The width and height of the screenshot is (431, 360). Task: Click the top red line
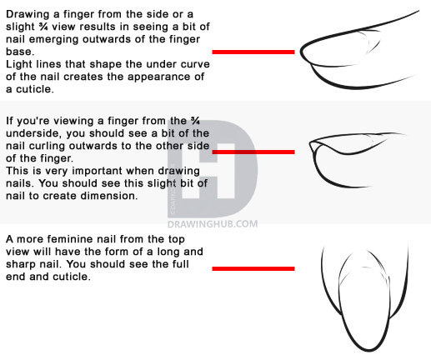(x=253, y=52)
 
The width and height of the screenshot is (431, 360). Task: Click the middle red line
(x=253, y=152)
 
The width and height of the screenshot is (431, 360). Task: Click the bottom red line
(x=253, y=268)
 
